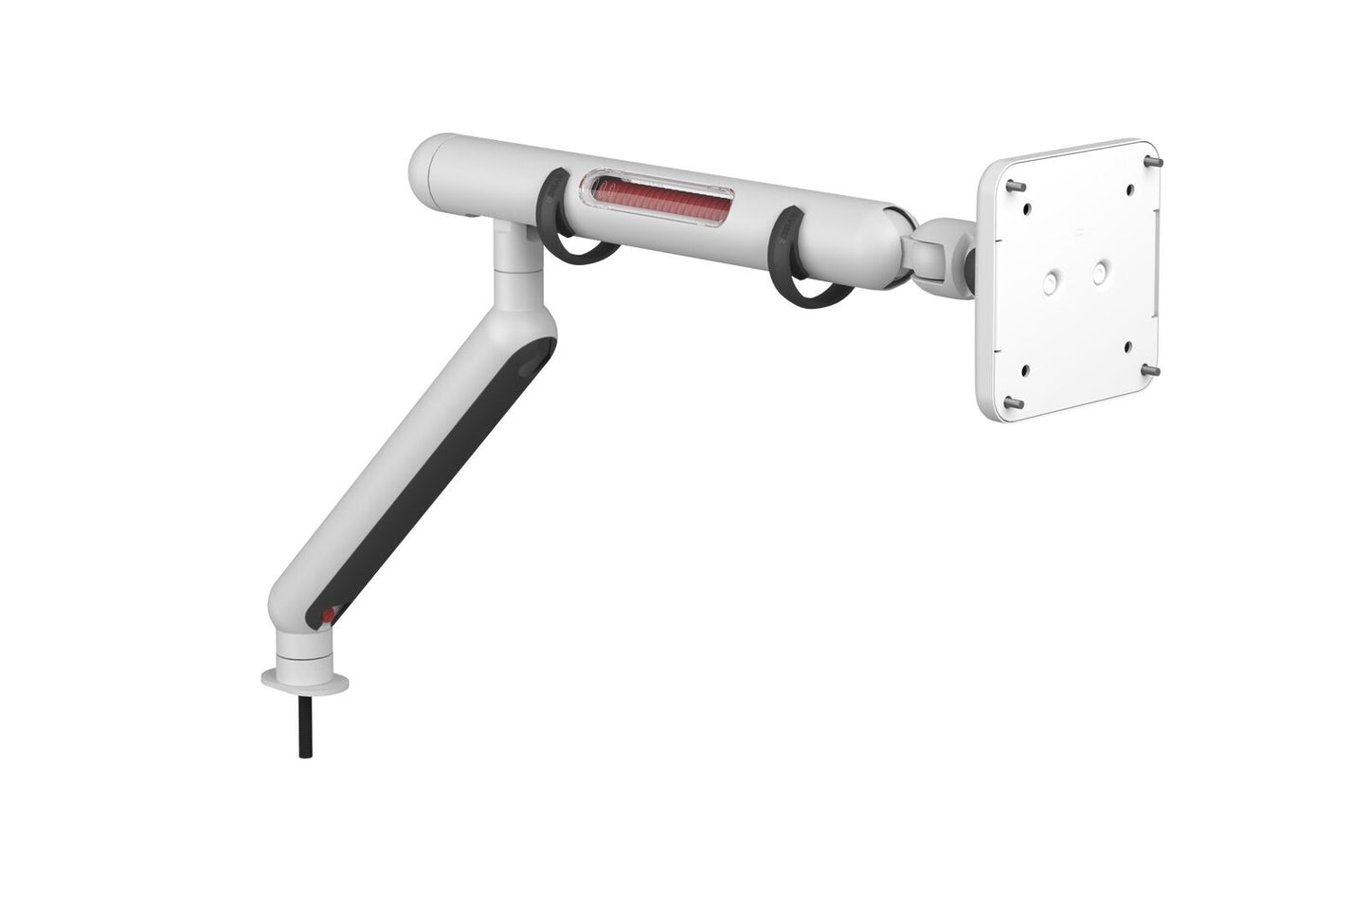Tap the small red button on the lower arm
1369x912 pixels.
pos(328,617)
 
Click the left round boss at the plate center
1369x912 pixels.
pos(1053,281)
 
